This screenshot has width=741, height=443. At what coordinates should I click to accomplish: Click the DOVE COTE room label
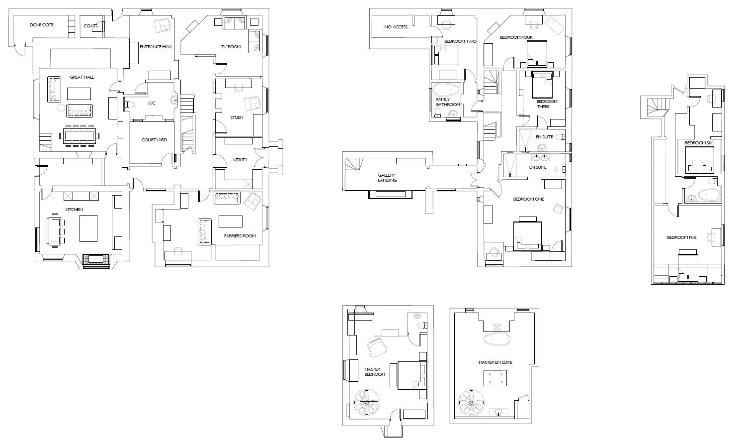pos(41,25)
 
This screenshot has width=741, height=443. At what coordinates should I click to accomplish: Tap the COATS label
pos(90,26)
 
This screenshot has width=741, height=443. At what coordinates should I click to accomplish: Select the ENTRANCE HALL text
pos(156,47)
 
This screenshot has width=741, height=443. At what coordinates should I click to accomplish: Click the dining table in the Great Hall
pos(80,135)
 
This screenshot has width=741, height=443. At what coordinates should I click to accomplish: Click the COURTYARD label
pos(154,140)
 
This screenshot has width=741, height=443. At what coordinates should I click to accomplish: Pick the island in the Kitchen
pos(88,228)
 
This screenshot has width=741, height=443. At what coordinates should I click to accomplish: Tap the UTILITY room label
pos(240,160)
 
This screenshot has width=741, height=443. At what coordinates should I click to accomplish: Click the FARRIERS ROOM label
pos(240,236)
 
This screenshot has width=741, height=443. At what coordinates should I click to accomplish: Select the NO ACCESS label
pos(396,27)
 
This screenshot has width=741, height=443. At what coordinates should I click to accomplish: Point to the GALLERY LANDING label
pos(387,178)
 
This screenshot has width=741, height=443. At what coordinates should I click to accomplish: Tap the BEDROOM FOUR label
pos(516,37)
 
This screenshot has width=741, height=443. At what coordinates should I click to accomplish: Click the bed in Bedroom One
pos(527,234)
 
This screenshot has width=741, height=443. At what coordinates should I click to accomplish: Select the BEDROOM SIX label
pos(699,143)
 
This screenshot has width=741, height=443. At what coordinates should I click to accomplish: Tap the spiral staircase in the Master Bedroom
pos(367,402)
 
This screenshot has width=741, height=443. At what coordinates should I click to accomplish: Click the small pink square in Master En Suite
pos(497,328)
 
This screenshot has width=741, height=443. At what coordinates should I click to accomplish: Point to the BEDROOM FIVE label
pos(682,237)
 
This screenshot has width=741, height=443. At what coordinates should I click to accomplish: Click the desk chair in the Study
pos(239,88)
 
